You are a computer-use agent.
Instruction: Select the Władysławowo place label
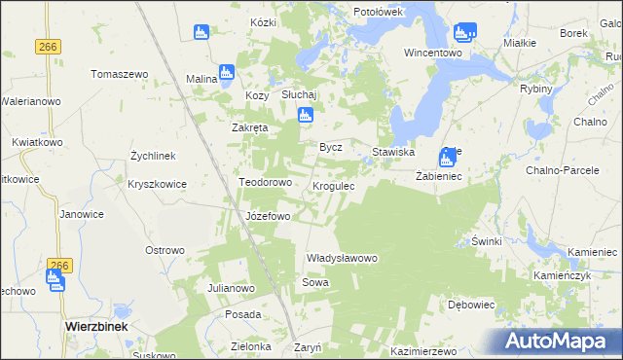point(341,258)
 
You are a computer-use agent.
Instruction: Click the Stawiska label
point(394,153)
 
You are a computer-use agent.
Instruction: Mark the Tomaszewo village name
point(119,74)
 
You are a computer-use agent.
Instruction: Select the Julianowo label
point(231,289)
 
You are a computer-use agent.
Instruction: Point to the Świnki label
point(485,240)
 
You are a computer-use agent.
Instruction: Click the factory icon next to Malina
point(227,72)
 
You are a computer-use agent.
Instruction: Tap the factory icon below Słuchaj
point(305,116)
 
